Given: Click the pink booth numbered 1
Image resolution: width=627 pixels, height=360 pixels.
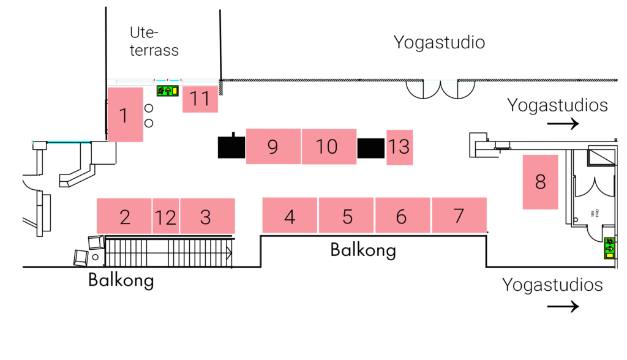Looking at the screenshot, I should tap(125, 114).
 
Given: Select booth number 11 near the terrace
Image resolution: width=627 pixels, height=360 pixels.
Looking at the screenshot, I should tap(200, 99).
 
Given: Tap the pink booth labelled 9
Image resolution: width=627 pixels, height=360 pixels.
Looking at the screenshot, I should tap(273, 146).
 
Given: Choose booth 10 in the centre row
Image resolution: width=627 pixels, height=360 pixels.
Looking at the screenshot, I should tap(329, 146).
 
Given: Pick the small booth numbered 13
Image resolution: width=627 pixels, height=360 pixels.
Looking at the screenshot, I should tap(399, 147).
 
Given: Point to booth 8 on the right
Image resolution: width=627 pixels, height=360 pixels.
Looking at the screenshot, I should tap(540, 182).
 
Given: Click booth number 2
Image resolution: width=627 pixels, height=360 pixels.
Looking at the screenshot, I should tap(124, 216).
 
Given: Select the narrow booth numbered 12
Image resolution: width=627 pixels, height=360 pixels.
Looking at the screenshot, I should tap(165, 216).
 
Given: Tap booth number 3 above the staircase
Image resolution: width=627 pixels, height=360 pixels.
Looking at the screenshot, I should tap(207, 216).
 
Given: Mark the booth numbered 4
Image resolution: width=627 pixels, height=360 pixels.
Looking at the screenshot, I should tap(290, 216).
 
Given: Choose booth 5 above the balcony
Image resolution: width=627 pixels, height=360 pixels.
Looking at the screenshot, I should tap(347, 216).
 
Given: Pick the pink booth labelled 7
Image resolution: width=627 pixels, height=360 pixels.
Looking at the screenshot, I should tap(459, 216).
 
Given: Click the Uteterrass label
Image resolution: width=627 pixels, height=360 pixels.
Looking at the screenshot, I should tap(154, 41).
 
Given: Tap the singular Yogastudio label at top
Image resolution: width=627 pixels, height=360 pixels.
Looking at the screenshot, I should tap(439, 42).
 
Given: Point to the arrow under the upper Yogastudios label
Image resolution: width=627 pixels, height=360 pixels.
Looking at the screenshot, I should tap(563, 124).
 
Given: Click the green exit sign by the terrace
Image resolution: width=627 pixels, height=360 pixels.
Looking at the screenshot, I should tap(167, 91).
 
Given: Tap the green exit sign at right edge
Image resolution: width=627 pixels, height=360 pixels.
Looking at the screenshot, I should tap(609, 248).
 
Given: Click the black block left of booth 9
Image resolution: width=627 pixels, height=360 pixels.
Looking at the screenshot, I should tap(231, 147).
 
